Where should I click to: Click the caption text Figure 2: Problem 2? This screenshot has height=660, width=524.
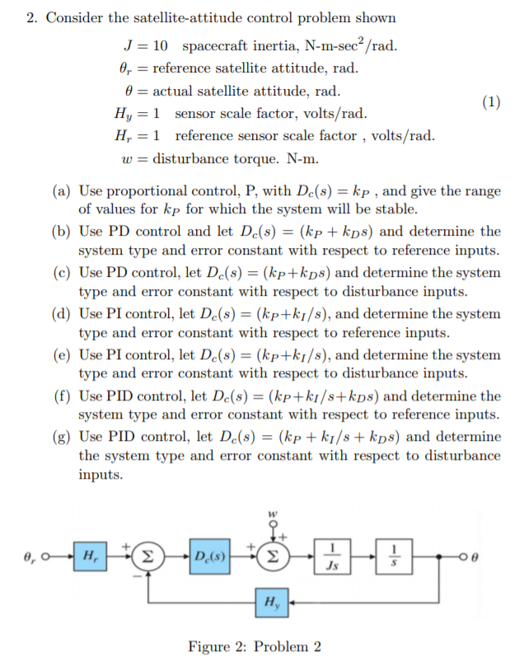[x=255, y=645]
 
